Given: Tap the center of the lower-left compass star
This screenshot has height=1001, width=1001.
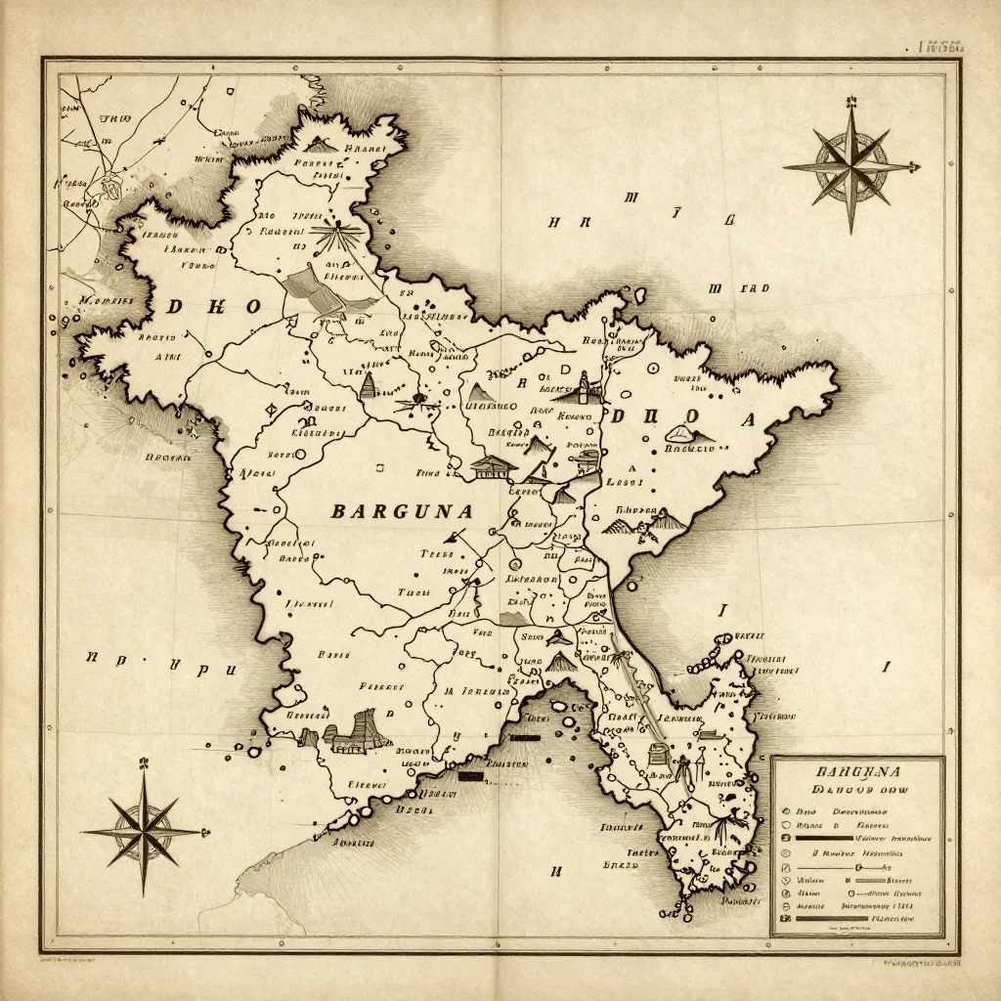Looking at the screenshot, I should pyautogui.click(x=143, y=832).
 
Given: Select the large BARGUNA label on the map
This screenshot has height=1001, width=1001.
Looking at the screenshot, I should pyautogui.click(x=402, y=510).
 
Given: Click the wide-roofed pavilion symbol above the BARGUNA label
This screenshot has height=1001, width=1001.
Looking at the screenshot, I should pyautogui.click(x=492, y=466).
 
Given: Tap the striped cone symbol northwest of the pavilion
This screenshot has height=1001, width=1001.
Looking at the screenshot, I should pyautogui.click(x=369, y=384).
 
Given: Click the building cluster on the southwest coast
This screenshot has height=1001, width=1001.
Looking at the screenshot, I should pyautogui.click(x=352, y=733).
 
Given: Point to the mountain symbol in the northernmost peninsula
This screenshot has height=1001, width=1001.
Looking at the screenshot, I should pyautogui.click(x=323, y=144).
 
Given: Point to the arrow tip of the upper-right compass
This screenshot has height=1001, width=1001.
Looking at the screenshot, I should pyautogui.click(x=917, y=167).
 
